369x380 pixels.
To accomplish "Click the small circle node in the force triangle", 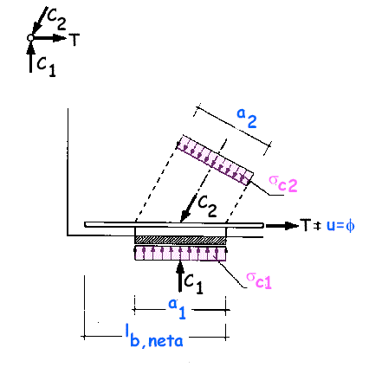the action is (x=30, y=38).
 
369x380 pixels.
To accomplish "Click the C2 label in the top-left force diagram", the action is (x=56, y=19).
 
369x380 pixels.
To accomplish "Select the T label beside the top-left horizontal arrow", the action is (x=74, y=40).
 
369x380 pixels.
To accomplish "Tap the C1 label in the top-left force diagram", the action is (x=46, y=66).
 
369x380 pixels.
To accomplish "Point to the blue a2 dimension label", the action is (x=247, y=118).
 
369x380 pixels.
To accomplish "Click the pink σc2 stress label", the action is (x=283, y=184).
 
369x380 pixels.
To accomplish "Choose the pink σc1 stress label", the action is (x=259, y=280).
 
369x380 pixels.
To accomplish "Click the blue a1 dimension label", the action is (x=177, y=309).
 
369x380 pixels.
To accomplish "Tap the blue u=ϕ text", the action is (x=340, y=225).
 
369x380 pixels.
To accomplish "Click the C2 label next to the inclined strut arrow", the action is (x=207, y=206).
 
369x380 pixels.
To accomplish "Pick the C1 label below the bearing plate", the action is (x=193, y=283).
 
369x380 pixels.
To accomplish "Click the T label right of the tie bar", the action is (x=306, y=225).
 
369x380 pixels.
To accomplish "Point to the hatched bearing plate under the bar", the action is (x=180, y=240).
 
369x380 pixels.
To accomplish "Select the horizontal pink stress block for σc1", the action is (x=180, y=253).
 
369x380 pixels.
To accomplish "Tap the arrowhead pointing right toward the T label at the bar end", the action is (x=292, y=225).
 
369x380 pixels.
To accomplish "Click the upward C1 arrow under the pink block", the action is (x=180, y=276).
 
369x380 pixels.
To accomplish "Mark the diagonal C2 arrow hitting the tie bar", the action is (x=188, y=209).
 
